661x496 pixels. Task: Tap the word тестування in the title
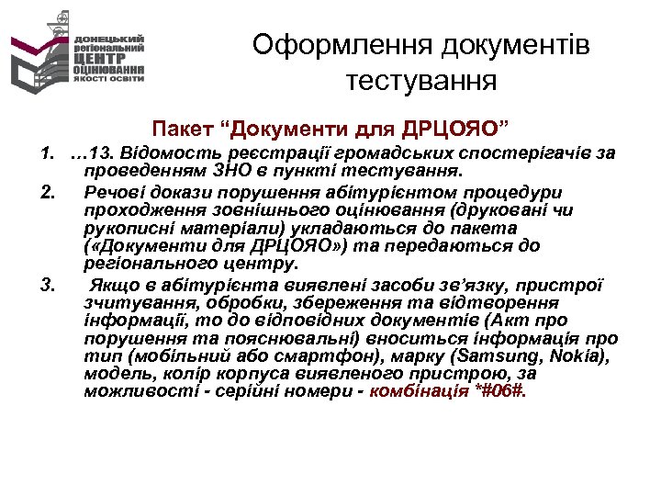[x=421, y=82]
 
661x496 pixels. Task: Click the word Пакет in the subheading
[x=184, y=124]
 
